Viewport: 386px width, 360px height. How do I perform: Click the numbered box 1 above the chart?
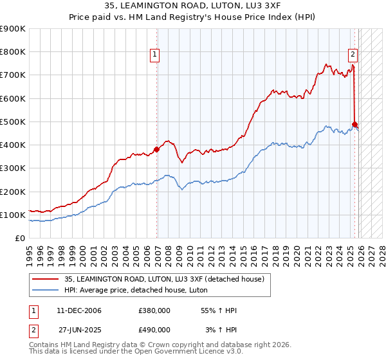156,55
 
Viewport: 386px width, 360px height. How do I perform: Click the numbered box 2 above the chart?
353,55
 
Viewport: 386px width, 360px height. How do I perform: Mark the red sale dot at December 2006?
156,150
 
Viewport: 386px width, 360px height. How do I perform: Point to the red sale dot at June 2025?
354,124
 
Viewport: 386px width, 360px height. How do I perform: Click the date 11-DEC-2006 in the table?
79,310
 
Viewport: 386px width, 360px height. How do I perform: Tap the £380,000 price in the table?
154,310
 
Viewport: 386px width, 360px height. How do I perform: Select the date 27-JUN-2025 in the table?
79,329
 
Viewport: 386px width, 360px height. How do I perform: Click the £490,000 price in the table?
154,329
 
